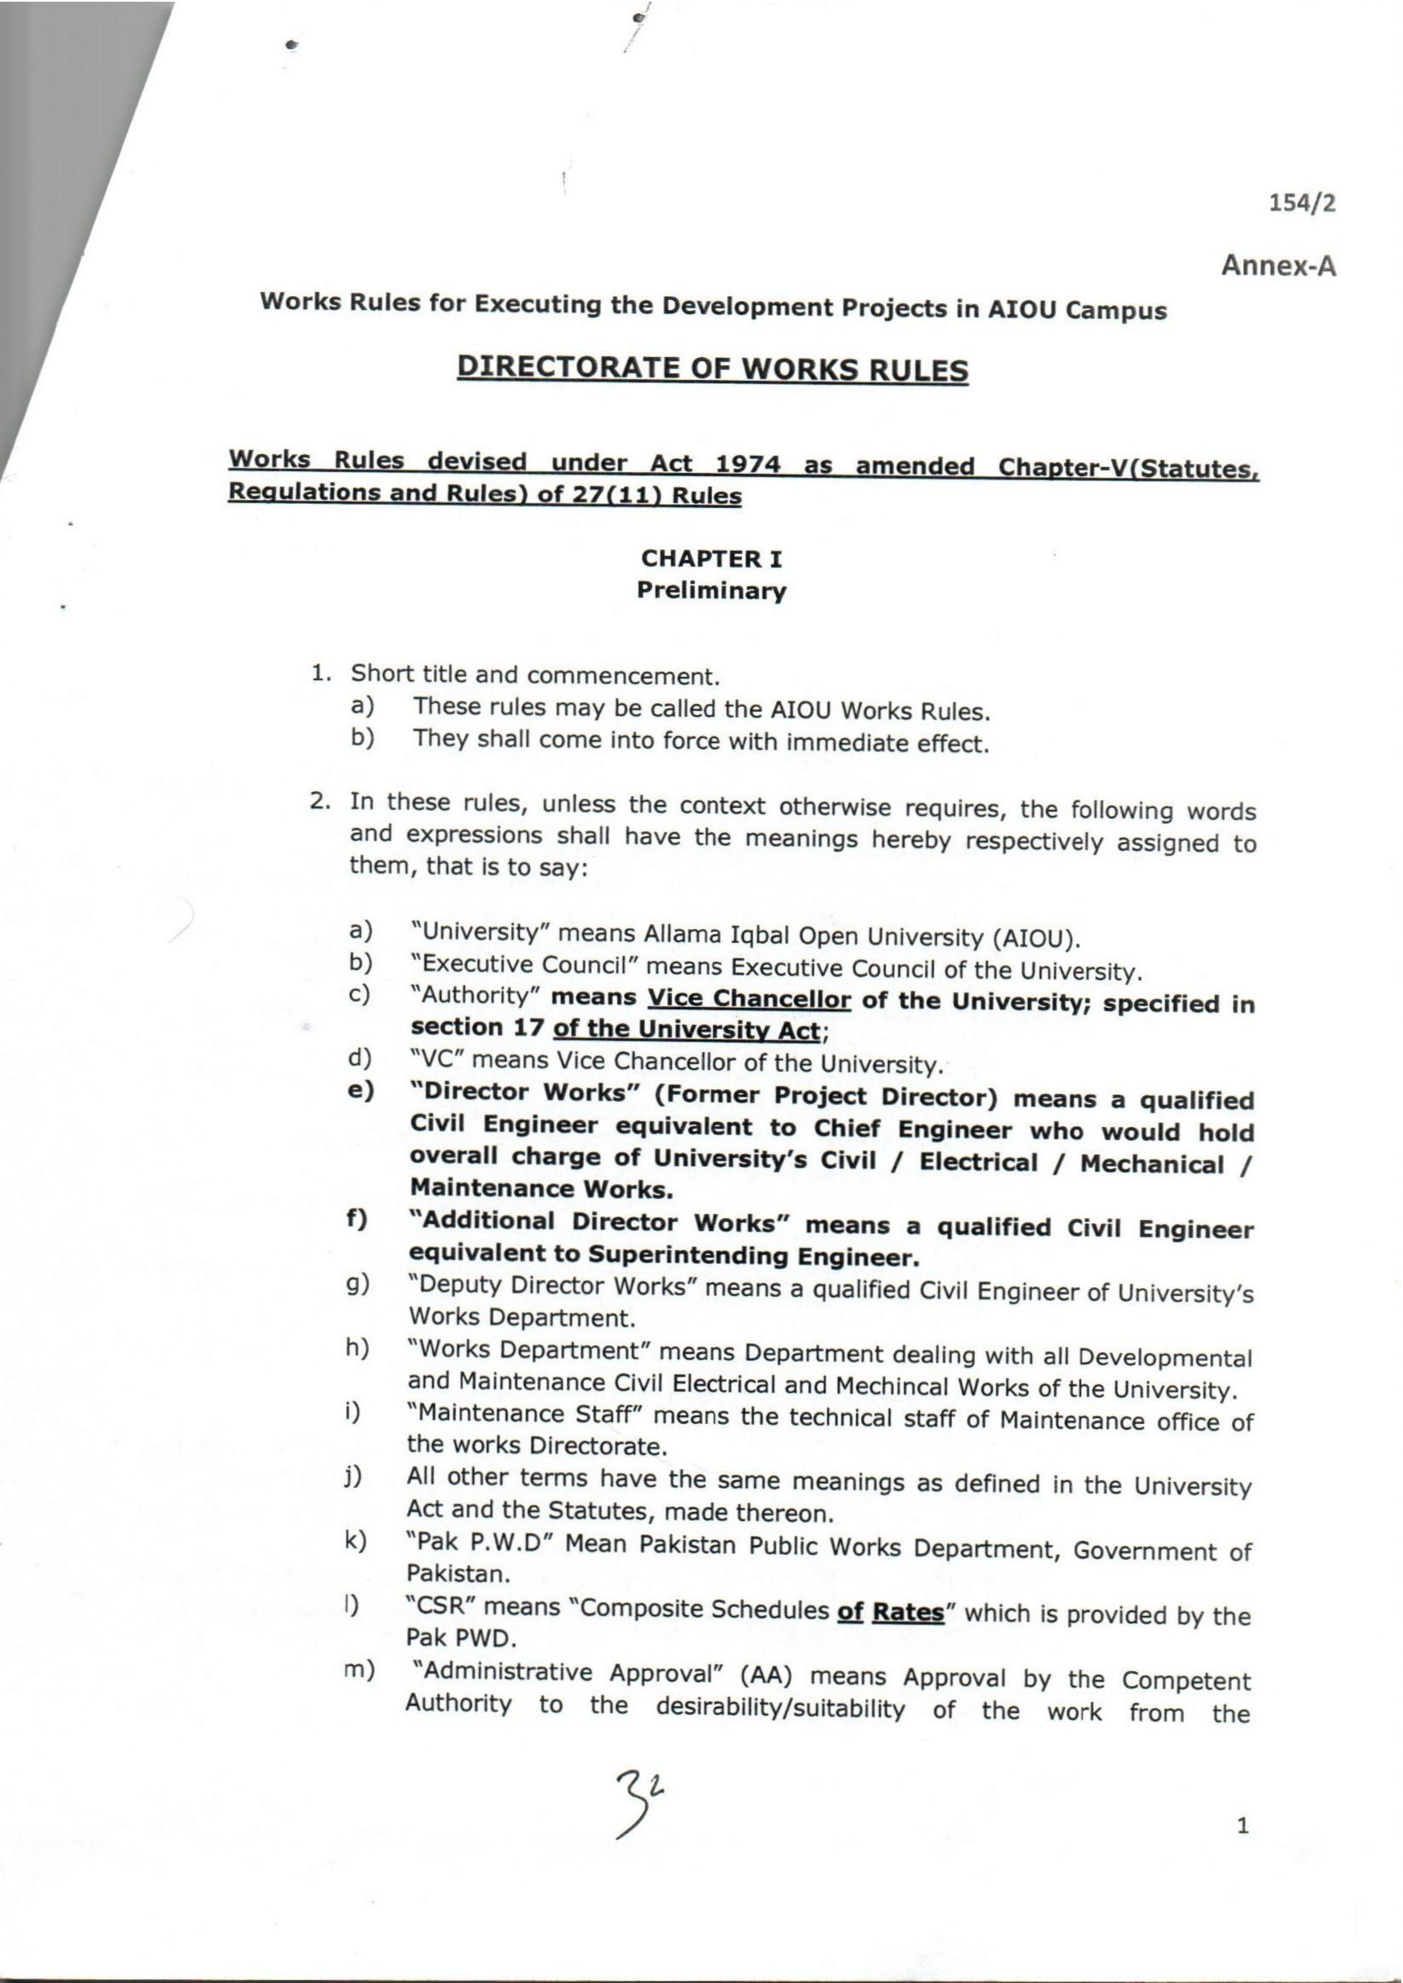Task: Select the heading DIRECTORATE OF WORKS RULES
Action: [712, 369]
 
